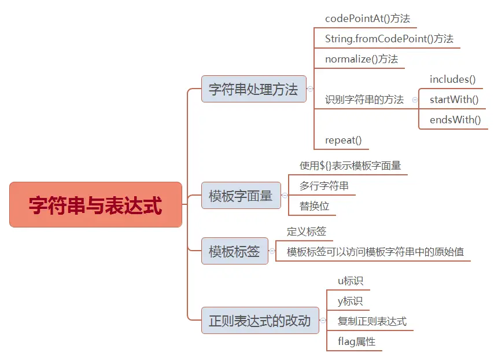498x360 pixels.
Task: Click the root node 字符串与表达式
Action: [95, 205]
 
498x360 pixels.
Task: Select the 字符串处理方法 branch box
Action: [253, 89]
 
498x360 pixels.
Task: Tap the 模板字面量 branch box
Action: [241, 196]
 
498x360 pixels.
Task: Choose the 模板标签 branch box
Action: [234, 252]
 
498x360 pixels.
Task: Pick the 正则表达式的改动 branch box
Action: [260, 321]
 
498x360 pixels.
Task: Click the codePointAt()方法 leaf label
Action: [367, 19]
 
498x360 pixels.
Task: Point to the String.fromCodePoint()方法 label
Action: [389, 39]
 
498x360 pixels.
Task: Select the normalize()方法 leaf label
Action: [361, 59]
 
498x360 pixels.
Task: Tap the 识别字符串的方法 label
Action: [364, 100]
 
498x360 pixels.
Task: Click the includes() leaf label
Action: [452, 79]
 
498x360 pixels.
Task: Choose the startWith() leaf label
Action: [454, 100]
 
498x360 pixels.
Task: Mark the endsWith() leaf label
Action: [455, 120]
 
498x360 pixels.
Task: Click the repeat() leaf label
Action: [343, 140]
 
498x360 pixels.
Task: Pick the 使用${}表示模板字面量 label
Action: [350, 166]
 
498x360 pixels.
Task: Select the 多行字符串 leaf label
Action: [324, 186]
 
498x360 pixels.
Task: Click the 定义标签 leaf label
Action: [307, 232]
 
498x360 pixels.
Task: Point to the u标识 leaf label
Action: [351, 281]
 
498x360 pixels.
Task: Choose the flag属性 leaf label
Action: [356, 341]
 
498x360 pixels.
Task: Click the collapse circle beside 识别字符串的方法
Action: [415, 100]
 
